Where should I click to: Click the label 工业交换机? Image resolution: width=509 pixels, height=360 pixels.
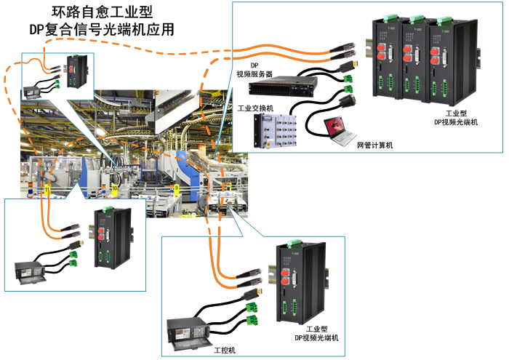tap(255, 108)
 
